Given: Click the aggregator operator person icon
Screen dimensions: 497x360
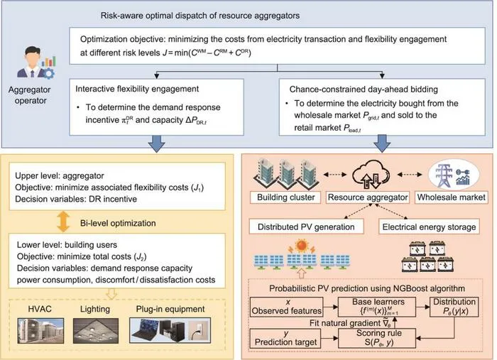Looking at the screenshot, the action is pos(35,62).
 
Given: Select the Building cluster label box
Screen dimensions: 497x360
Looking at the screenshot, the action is pos(285,197).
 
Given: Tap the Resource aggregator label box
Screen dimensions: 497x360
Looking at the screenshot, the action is pos(368,197).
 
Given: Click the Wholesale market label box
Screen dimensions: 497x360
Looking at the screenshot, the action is pos(451,197).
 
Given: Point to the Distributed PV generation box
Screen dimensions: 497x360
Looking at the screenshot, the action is pos(306,227).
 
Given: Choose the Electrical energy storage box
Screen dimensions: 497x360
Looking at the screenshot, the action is pos(429,227).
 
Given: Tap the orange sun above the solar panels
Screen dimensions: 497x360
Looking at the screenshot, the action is pos(302,245).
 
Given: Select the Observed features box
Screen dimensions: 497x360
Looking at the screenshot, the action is pos(287,307).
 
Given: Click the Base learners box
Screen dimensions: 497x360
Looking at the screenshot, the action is pos(377,307).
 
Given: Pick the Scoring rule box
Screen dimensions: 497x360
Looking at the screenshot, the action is pos(377,338).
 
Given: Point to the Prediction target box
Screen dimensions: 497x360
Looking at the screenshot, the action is pos(285,338).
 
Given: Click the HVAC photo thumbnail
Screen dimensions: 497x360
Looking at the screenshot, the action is pos(40,331).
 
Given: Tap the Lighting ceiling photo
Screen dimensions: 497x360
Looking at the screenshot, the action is pos(96,331).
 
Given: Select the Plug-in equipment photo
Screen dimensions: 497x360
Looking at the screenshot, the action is pos(170,330).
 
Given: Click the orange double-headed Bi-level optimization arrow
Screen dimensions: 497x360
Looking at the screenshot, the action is pos(63,222).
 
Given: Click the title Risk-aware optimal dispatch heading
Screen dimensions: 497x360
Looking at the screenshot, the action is pos(200,15).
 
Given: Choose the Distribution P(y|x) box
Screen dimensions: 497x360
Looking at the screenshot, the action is pos(454,307).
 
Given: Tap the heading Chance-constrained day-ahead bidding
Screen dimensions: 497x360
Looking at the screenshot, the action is pos(364,89).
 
